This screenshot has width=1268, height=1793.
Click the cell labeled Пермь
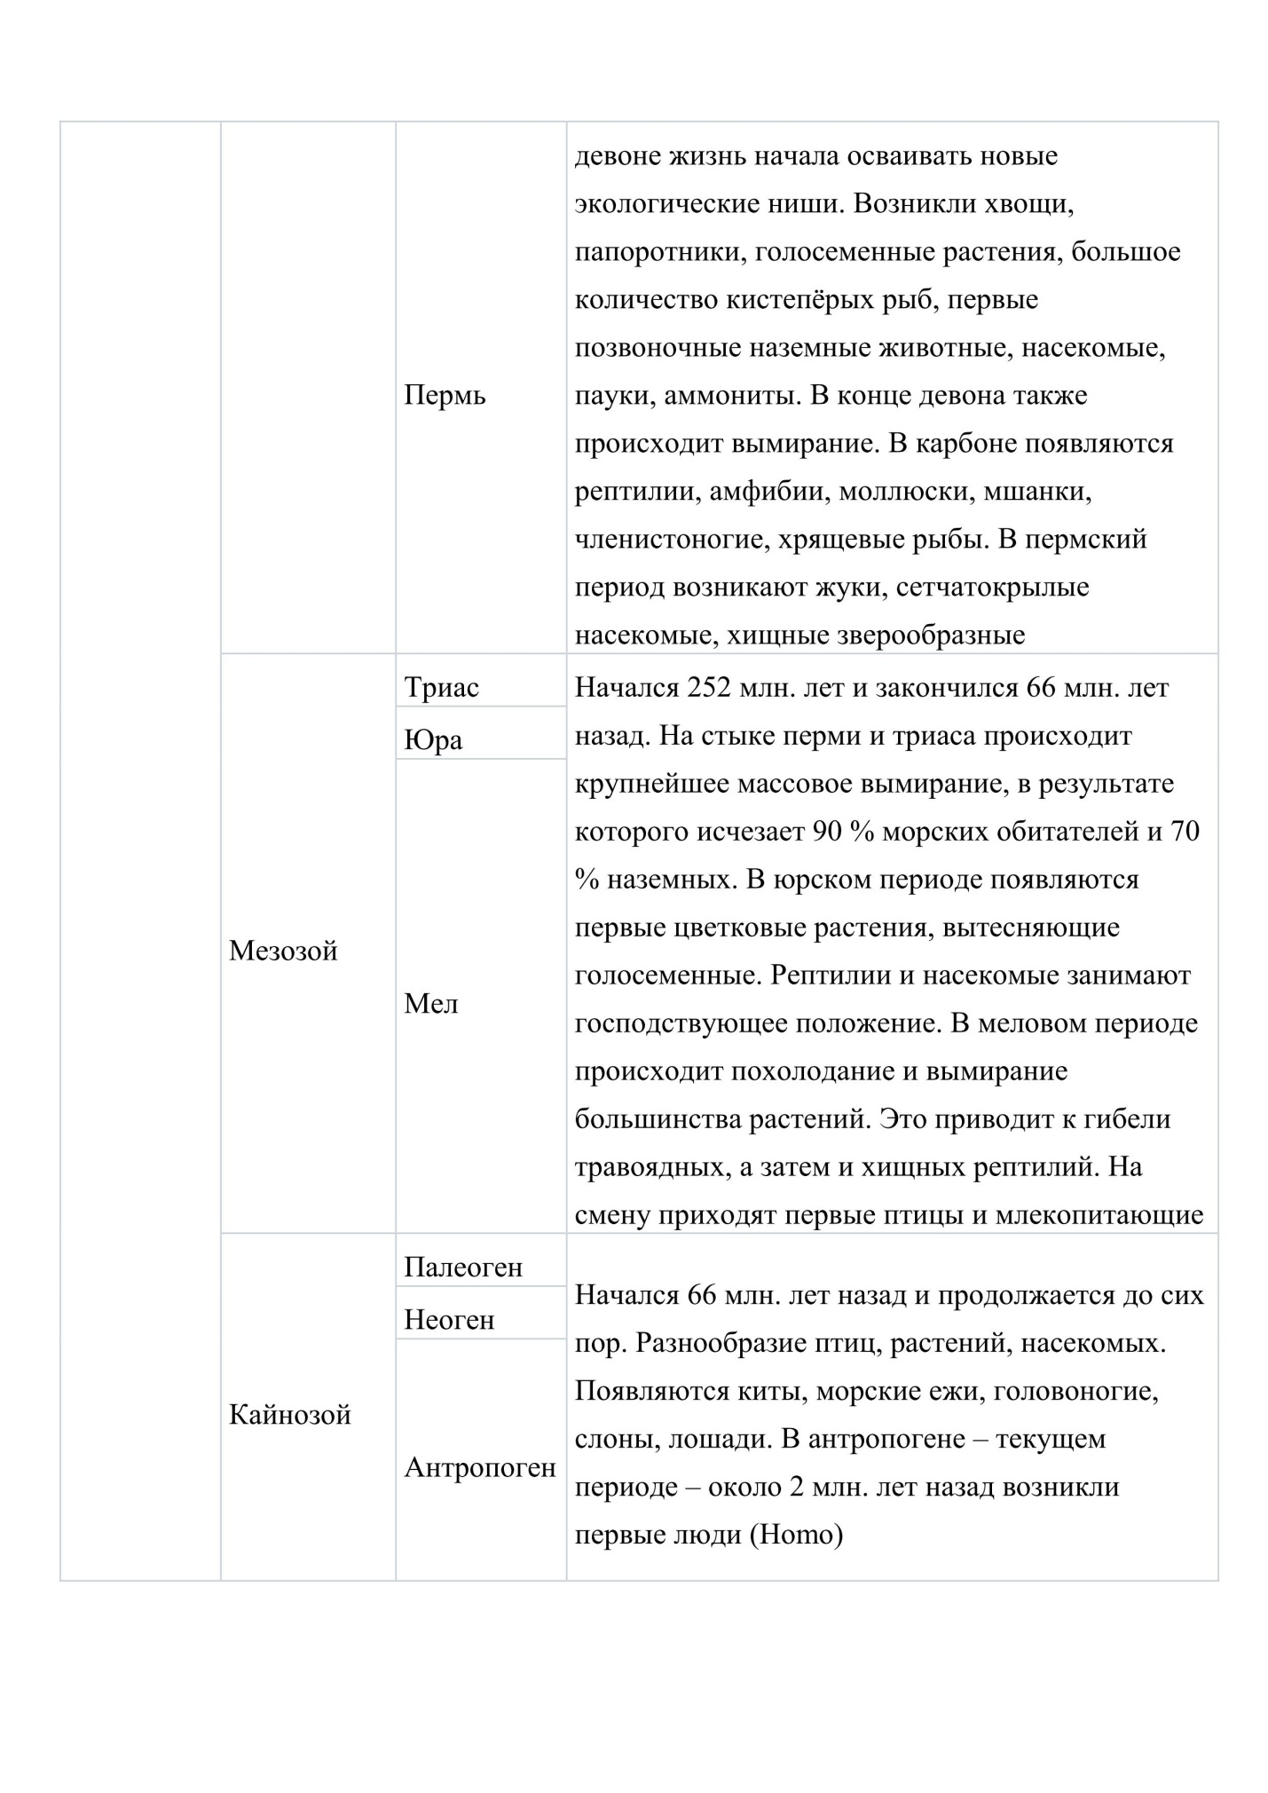(445, 396)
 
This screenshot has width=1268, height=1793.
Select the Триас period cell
(441, 688)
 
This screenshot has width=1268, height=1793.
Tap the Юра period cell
(433, 740)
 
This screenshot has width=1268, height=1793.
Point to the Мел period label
(431, 1004)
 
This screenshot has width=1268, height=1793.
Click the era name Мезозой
(283, 952)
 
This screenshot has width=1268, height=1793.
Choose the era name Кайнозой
(289, 1415)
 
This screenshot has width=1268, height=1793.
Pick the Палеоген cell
(463, 1268)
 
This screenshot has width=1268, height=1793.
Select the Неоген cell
(449, 1320)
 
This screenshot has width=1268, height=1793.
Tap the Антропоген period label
(480, 1467)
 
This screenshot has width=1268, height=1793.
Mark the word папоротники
(650, 252)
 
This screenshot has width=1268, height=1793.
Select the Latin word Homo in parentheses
(796, 1535)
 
